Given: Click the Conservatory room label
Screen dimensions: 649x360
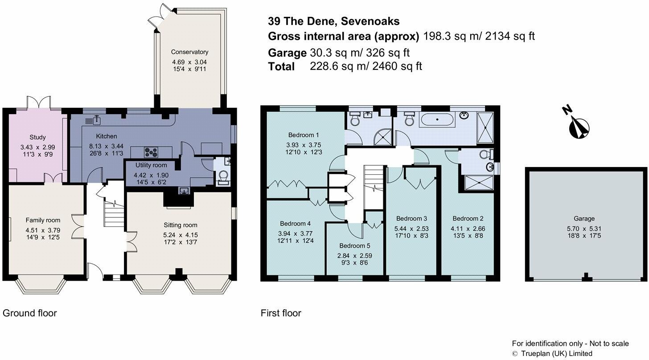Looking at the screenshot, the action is click(x=189, y=52).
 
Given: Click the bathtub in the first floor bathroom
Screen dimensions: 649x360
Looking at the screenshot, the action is click(x=438, y=120).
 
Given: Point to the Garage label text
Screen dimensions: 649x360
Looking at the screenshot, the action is click(x=584, y=219).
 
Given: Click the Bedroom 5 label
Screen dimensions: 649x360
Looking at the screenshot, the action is click(x=355, y=245).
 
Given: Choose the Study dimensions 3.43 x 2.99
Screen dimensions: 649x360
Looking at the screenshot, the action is click(x=37, y=147).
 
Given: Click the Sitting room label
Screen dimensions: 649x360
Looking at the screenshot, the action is click(x=180, y=225).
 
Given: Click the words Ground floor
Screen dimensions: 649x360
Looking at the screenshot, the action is click(x=30, y=313).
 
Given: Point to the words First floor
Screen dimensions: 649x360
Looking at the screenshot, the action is click(x=281, y=313).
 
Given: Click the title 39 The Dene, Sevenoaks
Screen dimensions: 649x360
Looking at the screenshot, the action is click(x=334, y=21).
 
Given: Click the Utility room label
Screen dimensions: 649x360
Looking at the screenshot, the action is click(x=151, y=165).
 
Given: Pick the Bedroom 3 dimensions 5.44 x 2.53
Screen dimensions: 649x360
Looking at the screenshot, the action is click(x=411, y=229).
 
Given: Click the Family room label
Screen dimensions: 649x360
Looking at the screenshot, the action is click(x=43, y=220).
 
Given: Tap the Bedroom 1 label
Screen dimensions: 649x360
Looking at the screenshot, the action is click(x=304, y=135).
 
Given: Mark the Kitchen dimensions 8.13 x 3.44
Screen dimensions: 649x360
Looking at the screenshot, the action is click(x=107, y=146).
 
